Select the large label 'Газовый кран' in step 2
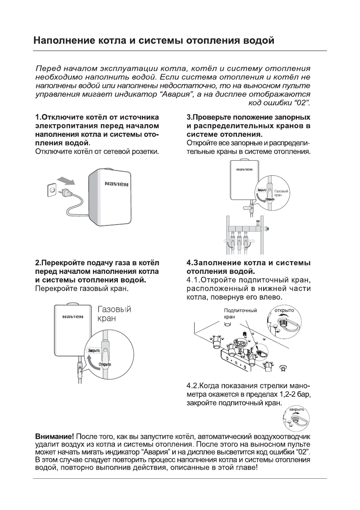click(114, 314)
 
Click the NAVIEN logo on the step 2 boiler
click(72, 318)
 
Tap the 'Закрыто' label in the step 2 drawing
click(93, 350)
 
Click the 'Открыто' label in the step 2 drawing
click(105, 365)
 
